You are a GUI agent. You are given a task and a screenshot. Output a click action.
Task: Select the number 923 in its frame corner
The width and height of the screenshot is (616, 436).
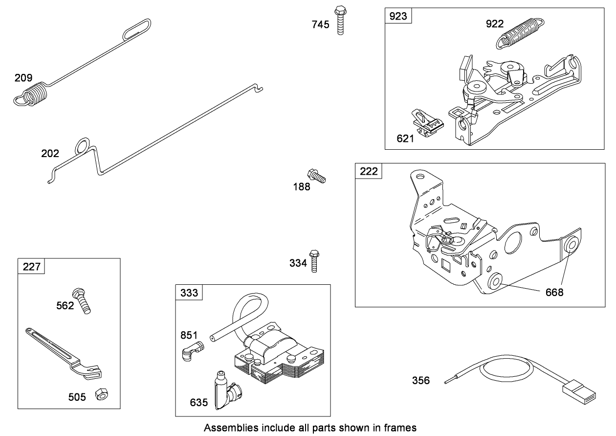[x=398, y=17]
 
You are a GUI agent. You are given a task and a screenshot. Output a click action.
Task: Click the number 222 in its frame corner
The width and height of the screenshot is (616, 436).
[x=369, y=172]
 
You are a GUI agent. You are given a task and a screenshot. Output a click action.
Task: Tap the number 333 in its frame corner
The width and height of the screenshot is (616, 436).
[x=189, y=293]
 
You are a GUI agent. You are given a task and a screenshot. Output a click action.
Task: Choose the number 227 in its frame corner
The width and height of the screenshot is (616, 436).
[x=32, y=267]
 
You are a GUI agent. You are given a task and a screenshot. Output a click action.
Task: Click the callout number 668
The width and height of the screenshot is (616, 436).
[x=554, y=292]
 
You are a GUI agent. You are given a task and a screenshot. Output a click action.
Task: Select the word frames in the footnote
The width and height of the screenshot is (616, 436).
[x=399, y=428]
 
